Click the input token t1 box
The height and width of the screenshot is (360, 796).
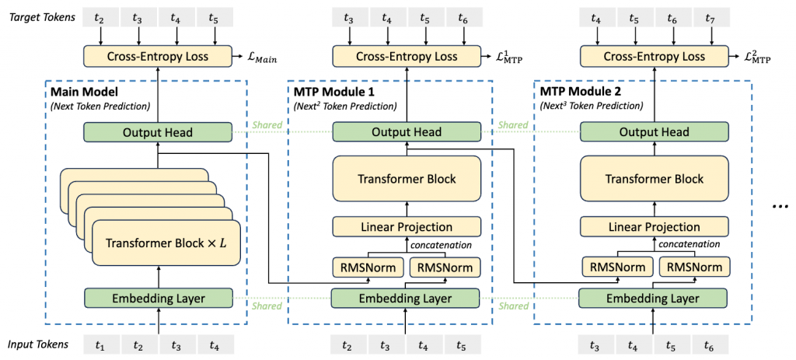pyautogui.click(x=100, y=346)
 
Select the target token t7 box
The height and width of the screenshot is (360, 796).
pyautogui.click(x=710, y=19)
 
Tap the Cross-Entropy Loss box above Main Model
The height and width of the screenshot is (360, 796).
pyautogui.click(x=158, y=56)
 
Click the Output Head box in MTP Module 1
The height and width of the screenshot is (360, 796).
pyautogui.click(x=407, y=131)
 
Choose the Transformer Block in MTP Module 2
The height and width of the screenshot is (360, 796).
pyautogui.click(x=654, y=179)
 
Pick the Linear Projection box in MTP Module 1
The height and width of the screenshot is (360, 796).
pyautogui.click(x=407, y=227)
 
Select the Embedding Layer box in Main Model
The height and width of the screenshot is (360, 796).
pyautogui.click(x=158, y=299)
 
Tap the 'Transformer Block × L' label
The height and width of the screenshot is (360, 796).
pyautogui.click(x=165, y=243)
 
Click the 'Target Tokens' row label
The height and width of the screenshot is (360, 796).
pyautogui.click(x=42, y=18)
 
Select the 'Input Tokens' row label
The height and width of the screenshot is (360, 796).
pyautogui.click(x=38, y=344)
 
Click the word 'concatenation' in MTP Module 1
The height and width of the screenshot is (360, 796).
pyautogui.click(x=441, y=246)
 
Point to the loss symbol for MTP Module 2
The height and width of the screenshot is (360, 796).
pyautogui.click(x=756, y=58)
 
